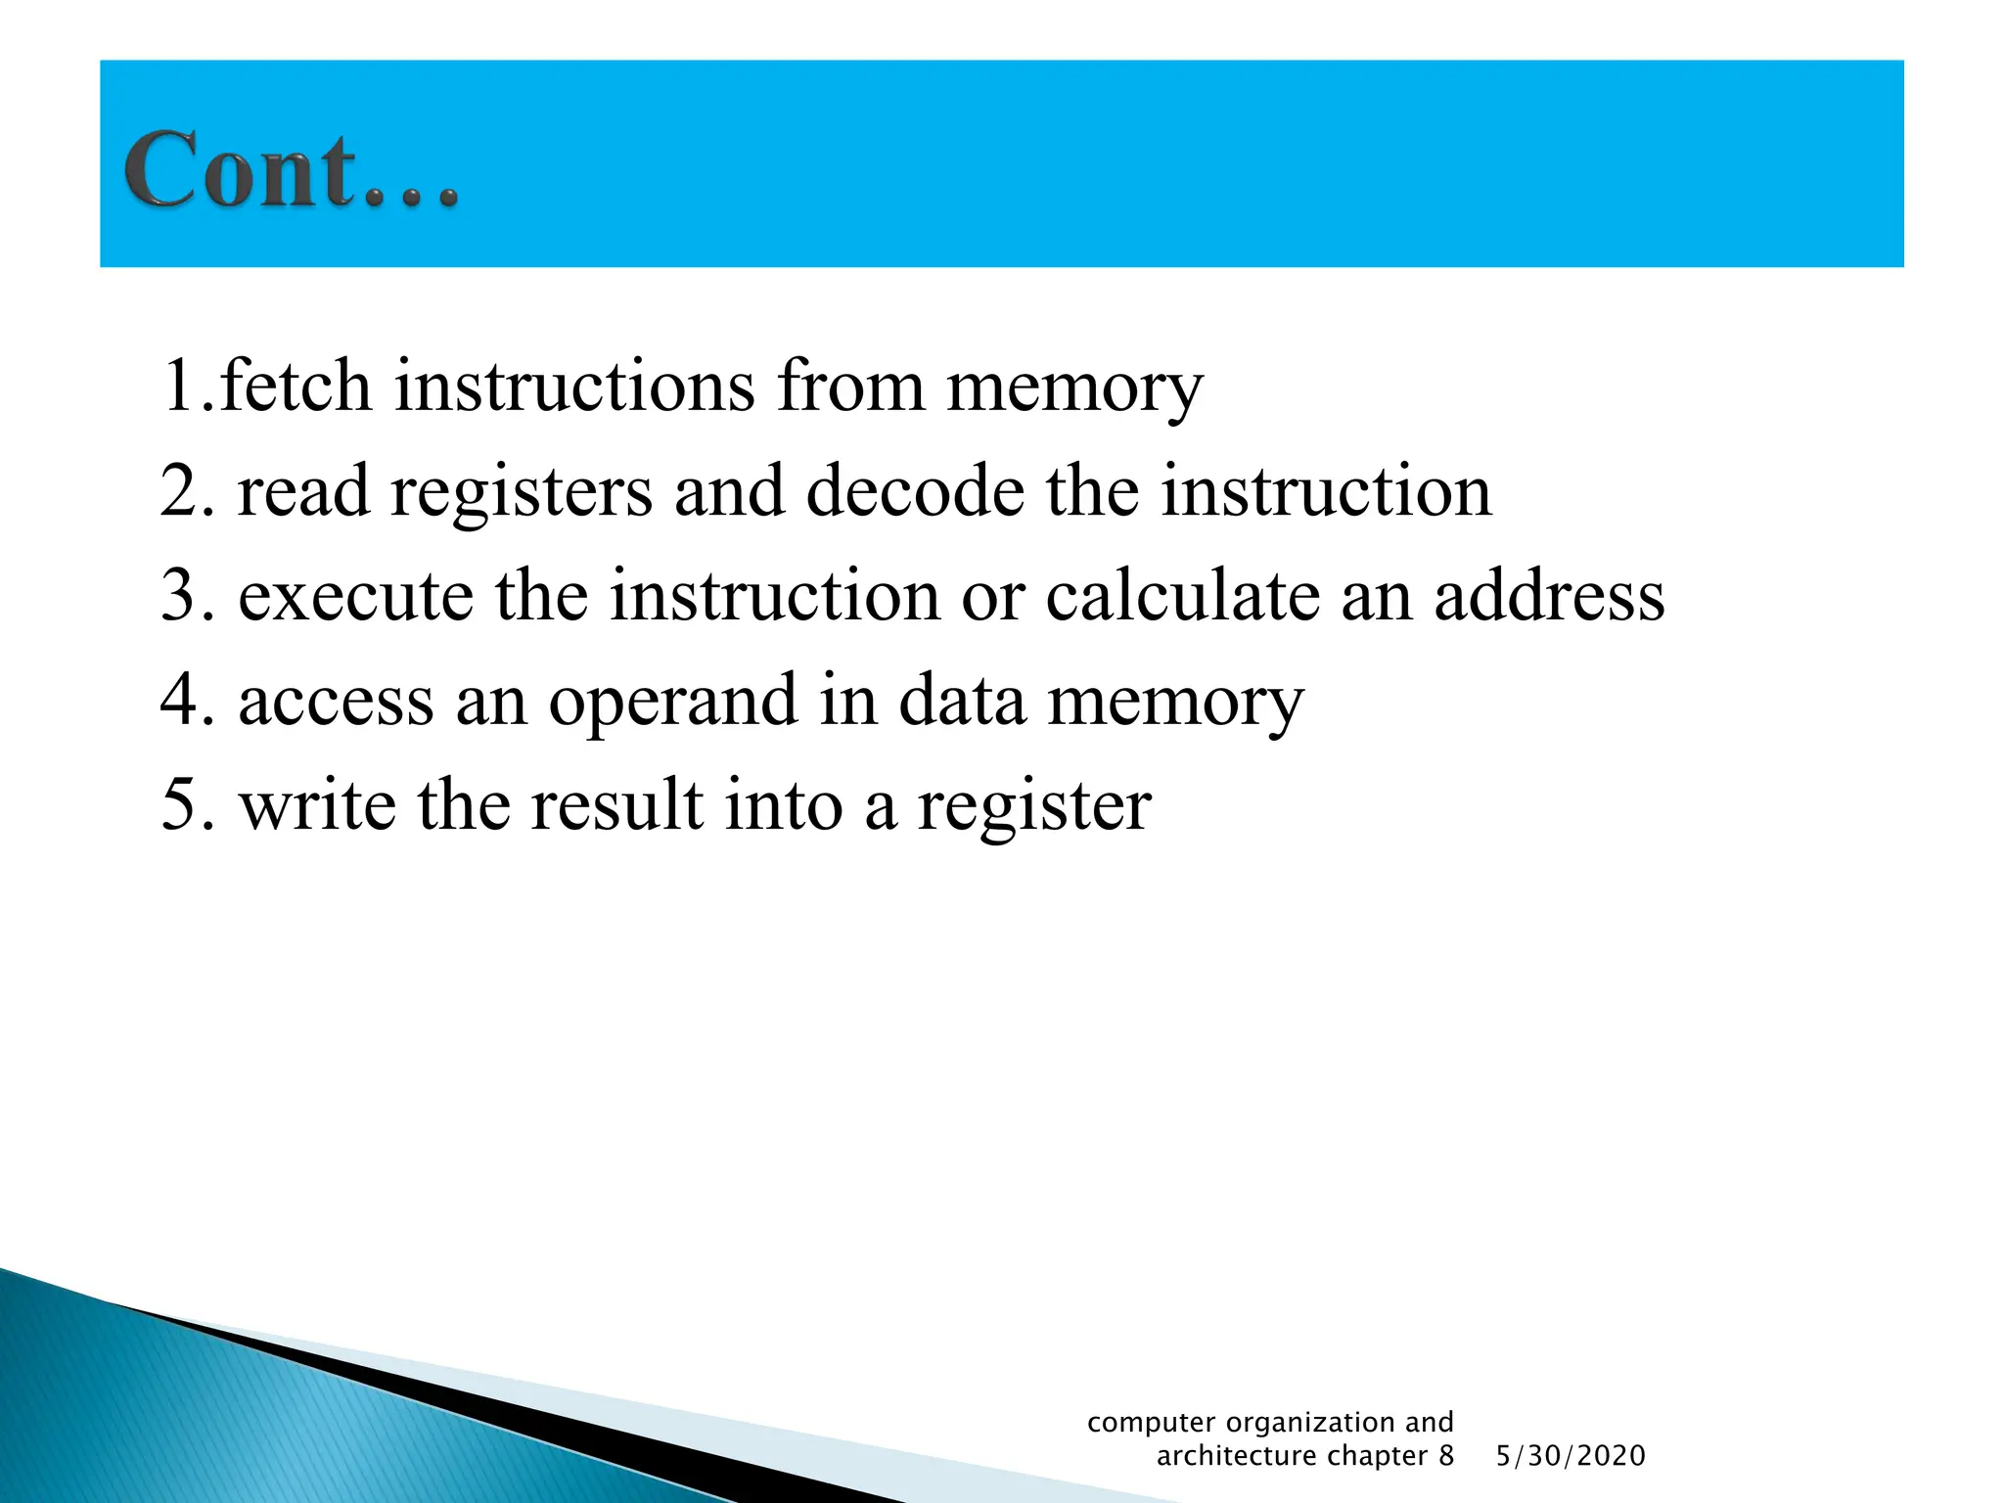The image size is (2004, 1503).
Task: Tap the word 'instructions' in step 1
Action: tap(574, 386)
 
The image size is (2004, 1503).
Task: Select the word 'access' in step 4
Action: tap(336, 701)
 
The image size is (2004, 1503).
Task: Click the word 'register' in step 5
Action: tap(1033, 807)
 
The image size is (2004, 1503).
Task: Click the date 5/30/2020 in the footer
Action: tap(1571, 1456)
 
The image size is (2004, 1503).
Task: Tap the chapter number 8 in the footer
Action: tap(1445, 1456)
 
